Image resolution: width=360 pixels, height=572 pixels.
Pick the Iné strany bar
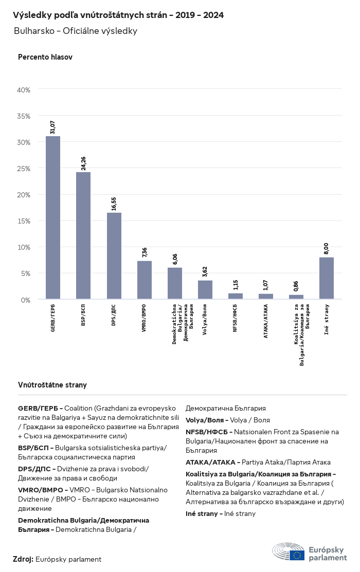(327, 278)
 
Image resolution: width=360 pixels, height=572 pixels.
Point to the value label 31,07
(53, 127)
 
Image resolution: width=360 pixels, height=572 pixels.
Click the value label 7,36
(145, 252)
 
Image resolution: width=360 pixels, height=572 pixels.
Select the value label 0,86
(296, 287)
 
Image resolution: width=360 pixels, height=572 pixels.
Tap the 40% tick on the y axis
(24, 90)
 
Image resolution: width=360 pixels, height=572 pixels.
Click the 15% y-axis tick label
(24, 221)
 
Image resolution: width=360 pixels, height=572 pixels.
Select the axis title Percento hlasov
(45, 57)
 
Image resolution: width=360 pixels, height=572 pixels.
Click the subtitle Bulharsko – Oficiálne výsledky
(76, 31)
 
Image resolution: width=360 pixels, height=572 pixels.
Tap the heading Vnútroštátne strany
(52, 385)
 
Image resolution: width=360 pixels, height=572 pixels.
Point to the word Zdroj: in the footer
(23, 559)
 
